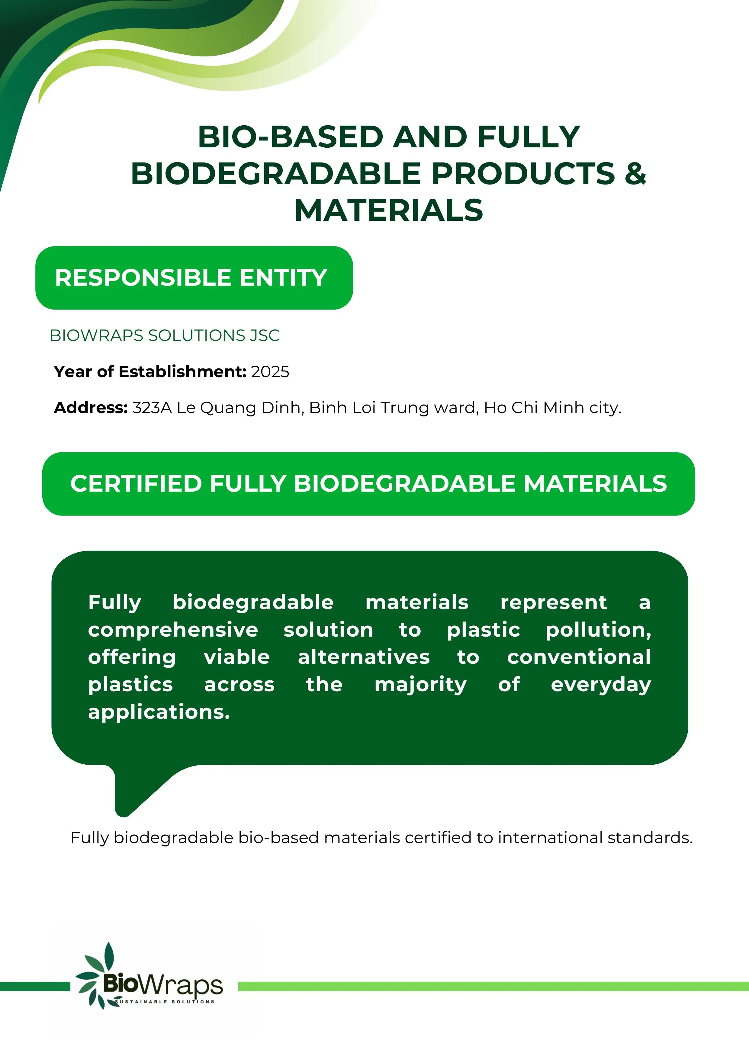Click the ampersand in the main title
point(636,174)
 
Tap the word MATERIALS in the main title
point(389,210)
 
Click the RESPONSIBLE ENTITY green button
point(194,278)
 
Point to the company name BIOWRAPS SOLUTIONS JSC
point(164,335)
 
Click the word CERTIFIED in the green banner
point(136,484)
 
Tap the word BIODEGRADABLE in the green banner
point(404,484)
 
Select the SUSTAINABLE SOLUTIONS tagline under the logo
point(165,1002)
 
